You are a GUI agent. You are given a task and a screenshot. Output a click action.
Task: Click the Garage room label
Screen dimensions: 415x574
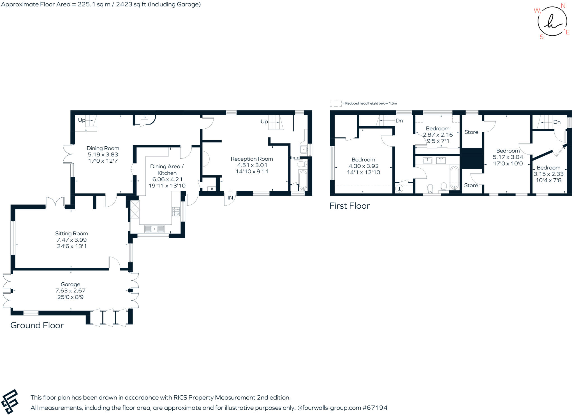coord(70,284)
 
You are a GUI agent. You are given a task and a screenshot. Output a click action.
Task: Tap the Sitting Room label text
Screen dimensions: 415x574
coord(71,234)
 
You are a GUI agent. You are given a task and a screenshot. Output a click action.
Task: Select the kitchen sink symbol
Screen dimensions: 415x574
coord(154,229)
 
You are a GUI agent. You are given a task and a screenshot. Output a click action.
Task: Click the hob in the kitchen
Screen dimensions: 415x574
coord(176,211)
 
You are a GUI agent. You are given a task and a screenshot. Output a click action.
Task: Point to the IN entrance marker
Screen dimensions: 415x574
coord(230,198)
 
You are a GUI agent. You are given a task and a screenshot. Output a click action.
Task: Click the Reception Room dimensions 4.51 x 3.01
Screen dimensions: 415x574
coord(252,165)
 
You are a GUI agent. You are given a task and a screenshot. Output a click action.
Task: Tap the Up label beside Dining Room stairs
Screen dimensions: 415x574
coord(82,120)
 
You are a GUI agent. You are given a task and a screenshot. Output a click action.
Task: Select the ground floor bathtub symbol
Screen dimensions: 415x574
coord(303,180)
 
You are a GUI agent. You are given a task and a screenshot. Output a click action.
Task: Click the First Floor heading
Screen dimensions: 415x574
coord(350,206)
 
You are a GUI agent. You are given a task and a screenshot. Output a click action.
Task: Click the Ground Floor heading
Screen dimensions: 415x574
coord(37,325)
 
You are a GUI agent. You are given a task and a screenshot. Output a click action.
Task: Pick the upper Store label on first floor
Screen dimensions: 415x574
coord(471,132)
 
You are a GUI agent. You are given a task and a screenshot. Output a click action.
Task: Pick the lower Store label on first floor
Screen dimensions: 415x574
coord(471,185)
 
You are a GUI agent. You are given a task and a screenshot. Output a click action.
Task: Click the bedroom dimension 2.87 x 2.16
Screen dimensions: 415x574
coord(438,135)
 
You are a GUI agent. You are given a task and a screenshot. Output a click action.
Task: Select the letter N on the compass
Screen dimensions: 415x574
coord(563,6)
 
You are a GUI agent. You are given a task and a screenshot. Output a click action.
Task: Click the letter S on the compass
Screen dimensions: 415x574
coord(541,37)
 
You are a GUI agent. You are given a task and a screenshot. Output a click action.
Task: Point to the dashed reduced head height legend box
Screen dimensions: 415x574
coord(335,103)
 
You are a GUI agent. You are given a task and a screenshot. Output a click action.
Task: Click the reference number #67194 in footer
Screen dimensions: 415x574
coord(375,408)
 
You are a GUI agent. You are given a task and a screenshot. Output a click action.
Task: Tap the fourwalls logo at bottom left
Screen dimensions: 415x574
coord(10,402)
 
